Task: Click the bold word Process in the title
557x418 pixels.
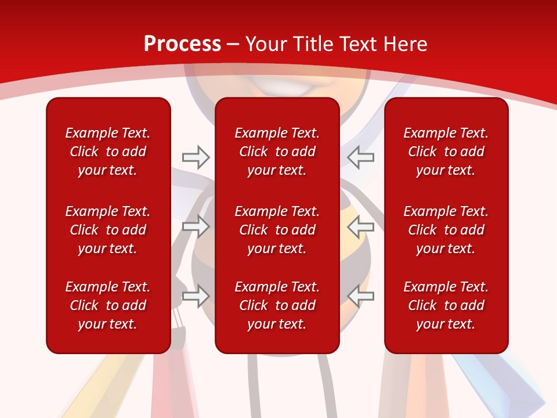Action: tap(182, 44)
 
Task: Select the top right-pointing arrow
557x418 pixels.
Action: tap(196, 157)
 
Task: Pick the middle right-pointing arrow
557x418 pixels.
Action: tap(196, 226)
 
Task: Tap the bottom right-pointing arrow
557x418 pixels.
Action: tap(196, 296)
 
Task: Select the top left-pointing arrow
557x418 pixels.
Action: tap(361, 157)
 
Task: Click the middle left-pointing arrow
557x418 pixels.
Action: tap(361, 226)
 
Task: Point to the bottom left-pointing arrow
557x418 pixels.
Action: tap(361, 296)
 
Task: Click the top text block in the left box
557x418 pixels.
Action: tap(108, 152)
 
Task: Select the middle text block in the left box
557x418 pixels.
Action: tap(108, 230)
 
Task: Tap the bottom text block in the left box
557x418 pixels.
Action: tap(108, 305)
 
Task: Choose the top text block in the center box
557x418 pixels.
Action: tap(277, 152)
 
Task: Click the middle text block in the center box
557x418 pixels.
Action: tap(277, 230)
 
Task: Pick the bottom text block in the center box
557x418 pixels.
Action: tap(277, 305)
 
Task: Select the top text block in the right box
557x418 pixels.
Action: tap(446, 152)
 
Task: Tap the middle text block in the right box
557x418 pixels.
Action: tap(446, 230)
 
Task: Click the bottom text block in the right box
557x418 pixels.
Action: tap(446, 305)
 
